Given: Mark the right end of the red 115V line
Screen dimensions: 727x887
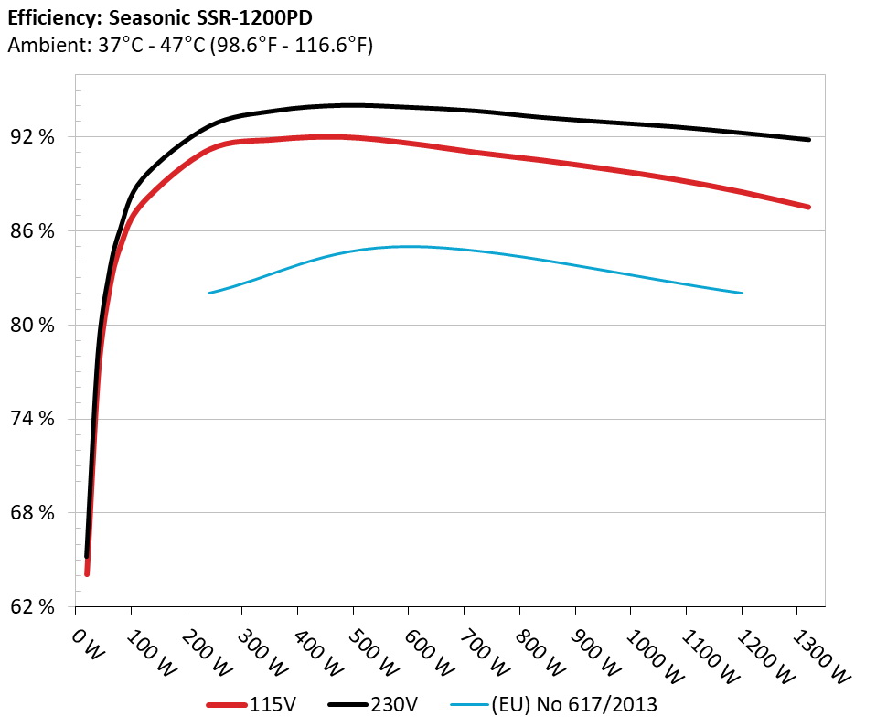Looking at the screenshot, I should pos(808,208).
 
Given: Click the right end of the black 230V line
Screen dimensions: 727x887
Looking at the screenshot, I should pos(808,140).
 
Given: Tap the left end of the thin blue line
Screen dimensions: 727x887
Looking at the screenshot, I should pos(209,293).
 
